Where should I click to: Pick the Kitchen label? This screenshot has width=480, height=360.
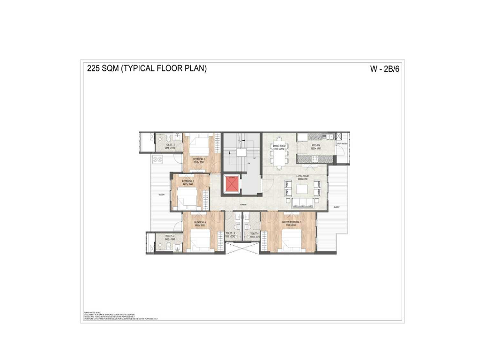click(x=315, y=146)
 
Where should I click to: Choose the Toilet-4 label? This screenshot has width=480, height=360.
click(x=169, y=237)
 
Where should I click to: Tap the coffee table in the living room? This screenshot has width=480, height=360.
click(x=302, y=190)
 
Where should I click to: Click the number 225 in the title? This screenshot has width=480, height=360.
click(x=94, y=68)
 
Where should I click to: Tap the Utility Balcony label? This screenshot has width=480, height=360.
click(x=341, y=143)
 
